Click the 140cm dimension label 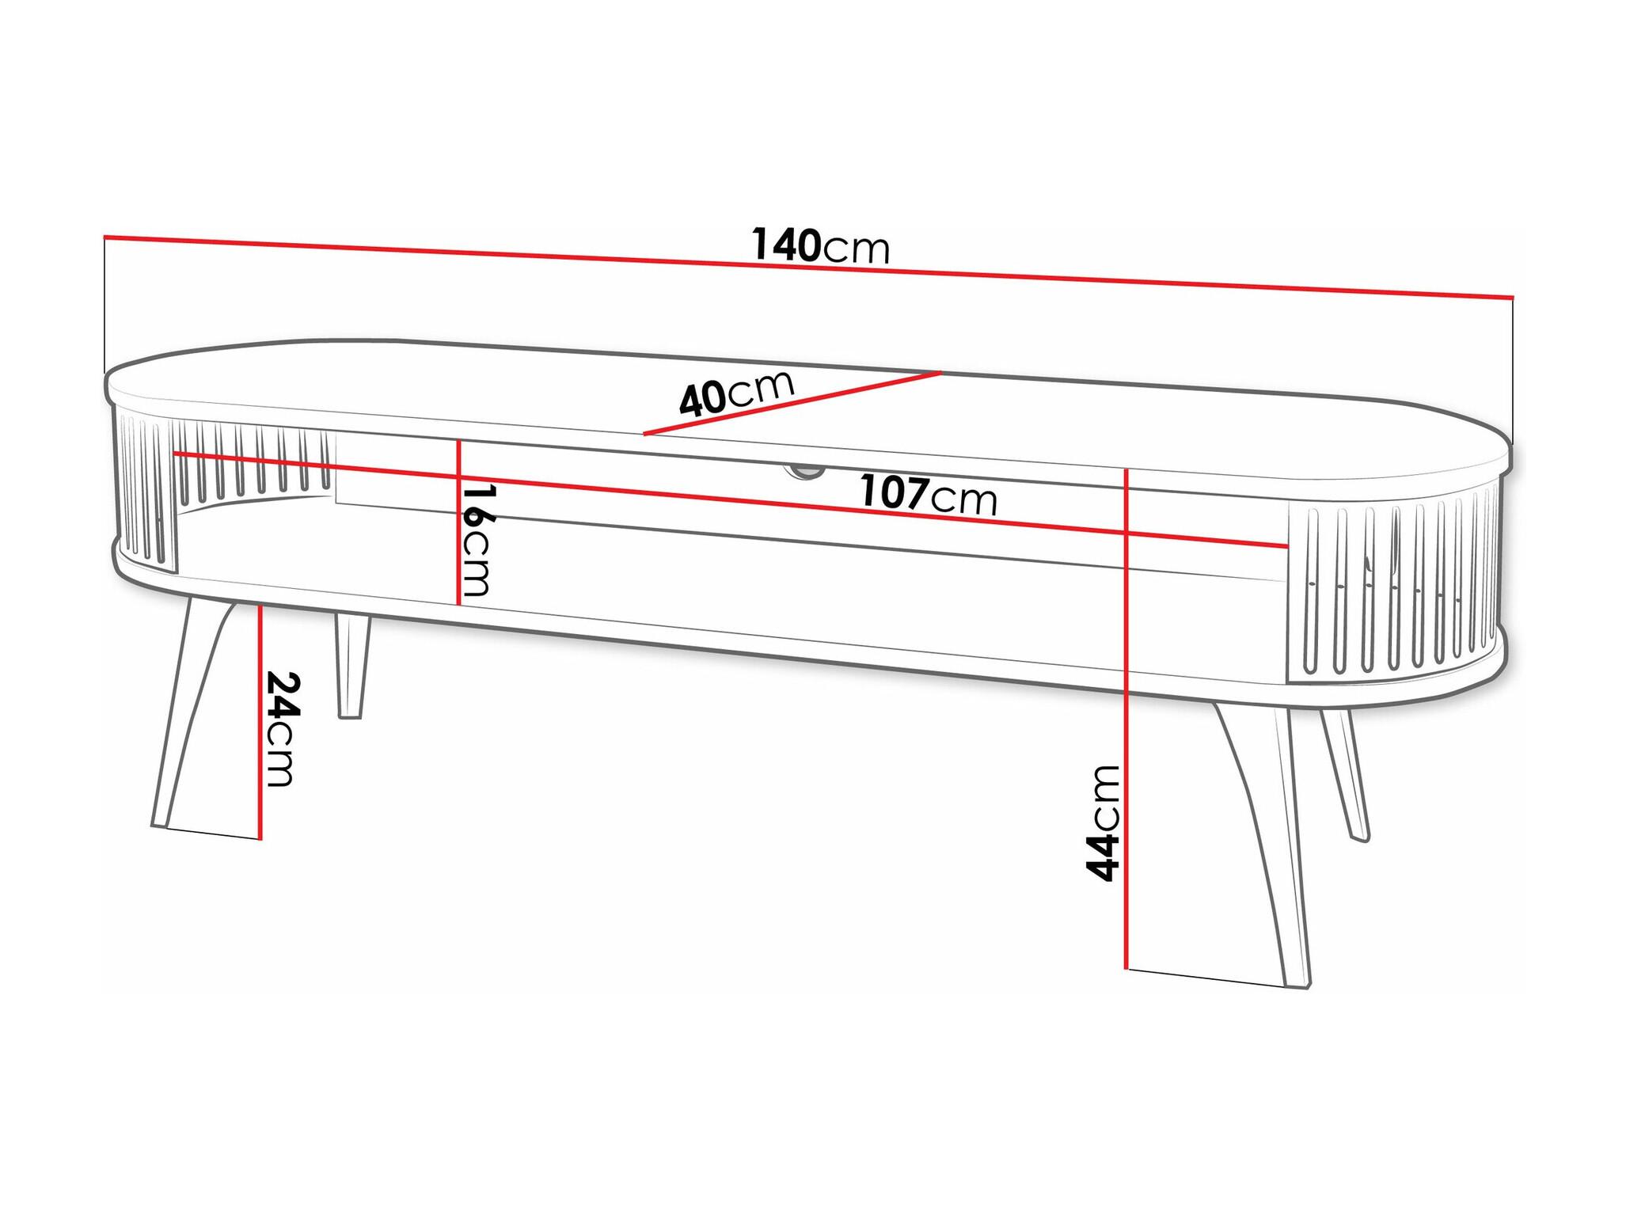[x=820, y=245]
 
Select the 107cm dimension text [x=929, y=496]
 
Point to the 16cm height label [x=477, y=540]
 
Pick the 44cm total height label [x=1103, y=822]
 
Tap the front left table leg [x=195, y=716]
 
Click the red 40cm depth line [x=792, y=403]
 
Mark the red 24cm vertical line [x=260, y=721]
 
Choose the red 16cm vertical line [x=459, y=522]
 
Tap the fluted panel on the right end [x=1395, y=586]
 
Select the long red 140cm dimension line [x=808, y=267]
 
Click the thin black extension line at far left [x=104, y=305]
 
